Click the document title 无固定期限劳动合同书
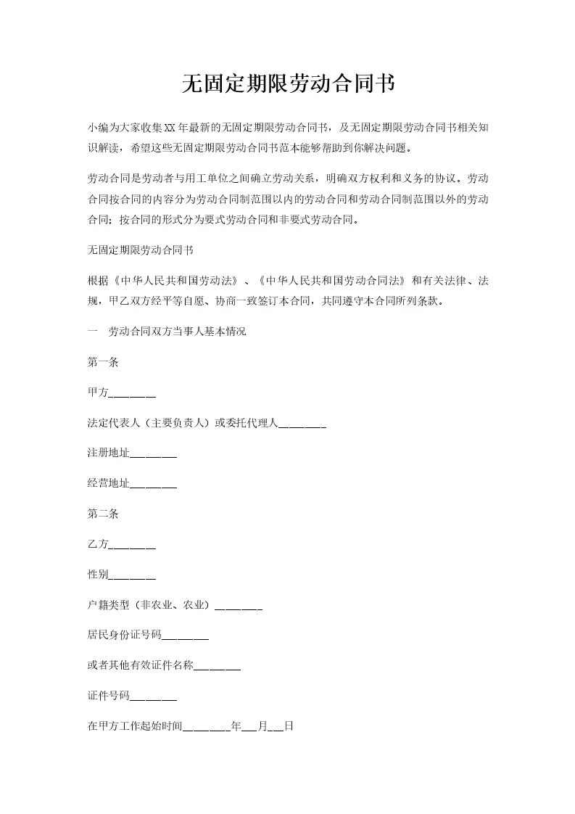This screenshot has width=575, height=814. point(287,84)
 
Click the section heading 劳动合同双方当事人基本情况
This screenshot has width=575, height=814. point(178,332)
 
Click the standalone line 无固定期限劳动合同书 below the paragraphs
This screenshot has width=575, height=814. point(140,250)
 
